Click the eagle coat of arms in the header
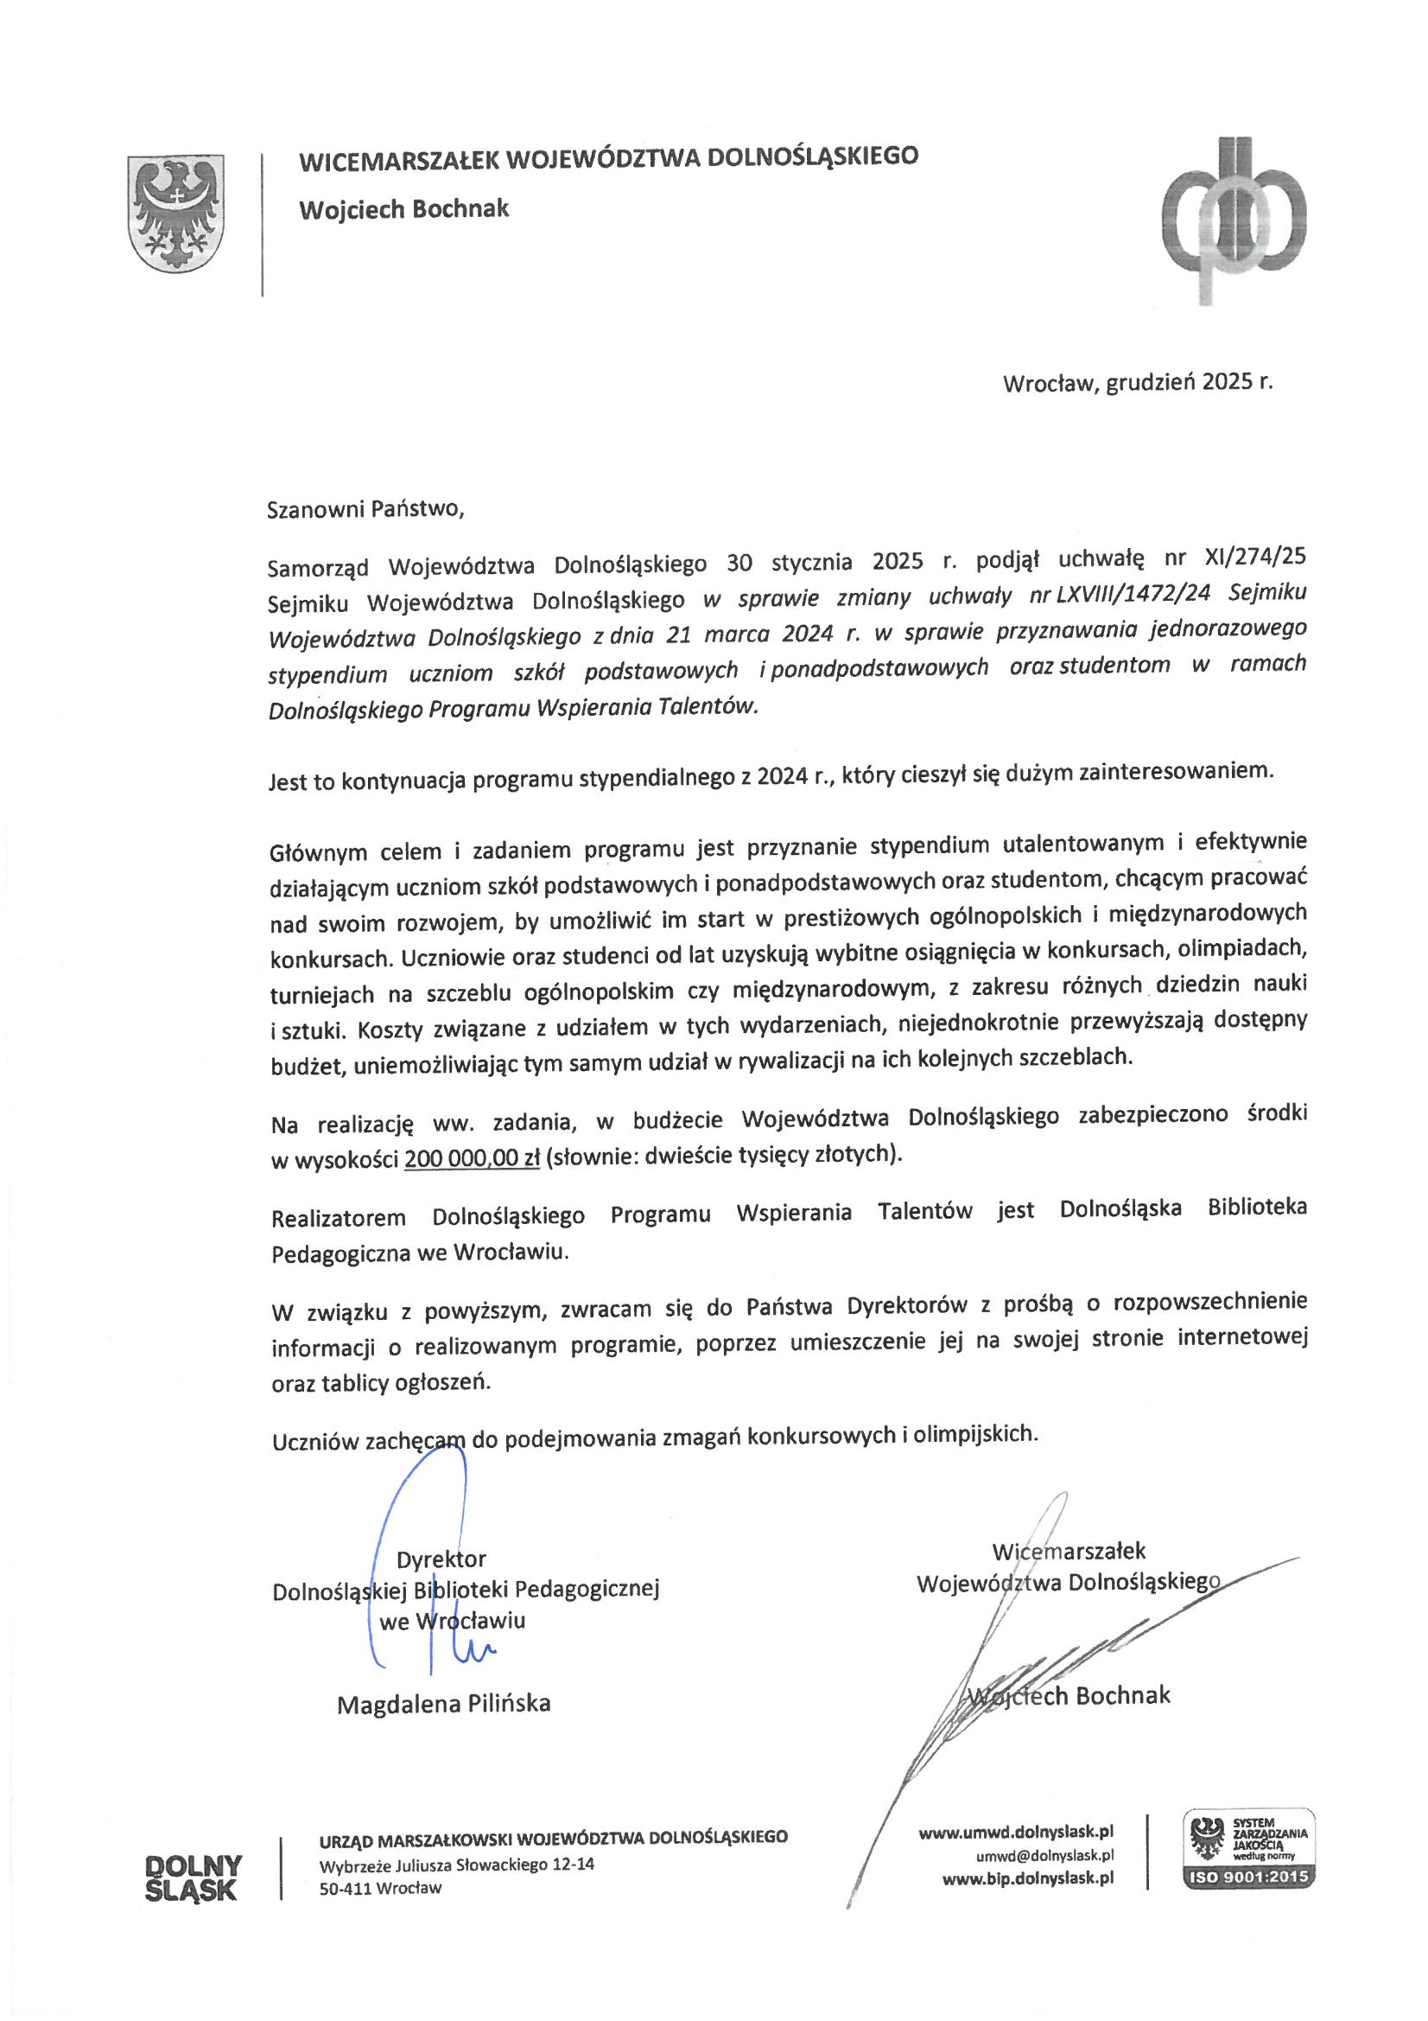[x=176, y=214]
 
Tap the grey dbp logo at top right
[x=1234, y=220]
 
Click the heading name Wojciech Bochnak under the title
[x=403, y=209]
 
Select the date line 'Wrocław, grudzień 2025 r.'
[x=1137, y=383]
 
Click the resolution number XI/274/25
[x=1253, y=558]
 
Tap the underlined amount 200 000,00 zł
[x=472, y=1159]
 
